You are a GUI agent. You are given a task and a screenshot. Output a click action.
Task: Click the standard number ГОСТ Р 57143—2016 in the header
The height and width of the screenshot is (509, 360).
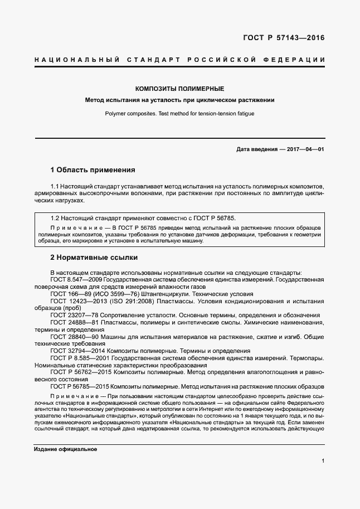(x=284, y=38)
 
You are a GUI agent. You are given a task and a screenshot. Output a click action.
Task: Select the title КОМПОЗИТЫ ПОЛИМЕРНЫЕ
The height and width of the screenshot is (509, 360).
(x=180, y=89)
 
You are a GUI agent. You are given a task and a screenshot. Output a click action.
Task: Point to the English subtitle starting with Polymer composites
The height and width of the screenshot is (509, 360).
(x=179, y=113)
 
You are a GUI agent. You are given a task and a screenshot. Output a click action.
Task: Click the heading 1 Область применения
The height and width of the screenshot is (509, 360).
(x=93, y=169)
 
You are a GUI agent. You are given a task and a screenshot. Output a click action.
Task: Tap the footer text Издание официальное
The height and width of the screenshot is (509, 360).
(x=65, y=449)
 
